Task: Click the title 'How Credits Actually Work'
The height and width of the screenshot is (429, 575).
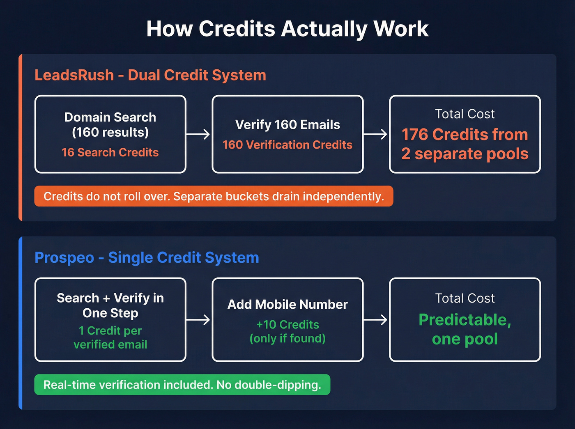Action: tap(287, 29)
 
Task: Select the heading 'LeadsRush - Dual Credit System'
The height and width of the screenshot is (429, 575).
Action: tap(150, 75)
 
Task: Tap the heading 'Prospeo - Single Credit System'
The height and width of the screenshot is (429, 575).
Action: tap(147, 257)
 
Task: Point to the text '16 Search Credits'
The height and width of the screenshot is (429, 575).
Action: tap(110, 152)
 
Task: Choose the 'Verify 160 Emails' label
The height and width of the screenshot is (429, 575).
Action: tap(287, 124)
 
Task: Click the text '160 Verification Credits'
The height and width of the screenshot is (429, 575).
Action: tap(287, 145)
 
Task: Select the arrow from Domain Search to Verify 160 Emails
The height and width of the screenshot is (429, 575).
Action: tap(198, 134)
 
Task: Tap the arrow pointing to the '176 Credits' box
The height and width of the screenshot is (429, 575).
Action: tap(375, 134)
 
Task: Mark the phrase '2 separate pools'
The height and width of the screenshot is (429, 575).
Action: tap(465, 154)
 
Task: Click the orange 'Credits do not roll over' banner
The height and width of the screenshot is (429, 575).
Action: tap(214, 196)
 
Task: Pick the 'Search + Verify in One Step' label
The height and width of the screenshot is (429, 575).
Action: tap(110, 305)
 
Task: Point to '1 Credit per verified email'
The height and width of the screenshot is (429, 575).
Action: tap(110, 337)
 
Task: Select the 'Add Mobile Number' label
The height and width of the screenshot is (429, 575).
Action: tap(287, 304)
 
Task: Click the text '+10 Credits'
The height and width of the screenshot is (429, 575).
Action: tap(287, 324)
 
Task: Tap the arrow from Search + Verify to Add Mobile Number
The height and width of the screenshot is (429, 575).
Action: tap(198, 320)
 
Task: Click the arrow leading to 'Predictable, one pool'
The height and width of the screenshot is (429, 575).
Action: tap(375, 320)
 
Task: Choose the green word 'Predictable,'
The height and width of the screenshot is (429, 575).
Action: tap(465, 320)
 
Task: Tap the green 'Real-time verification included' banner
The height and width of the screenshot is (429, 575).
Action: tap(182, 385)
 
